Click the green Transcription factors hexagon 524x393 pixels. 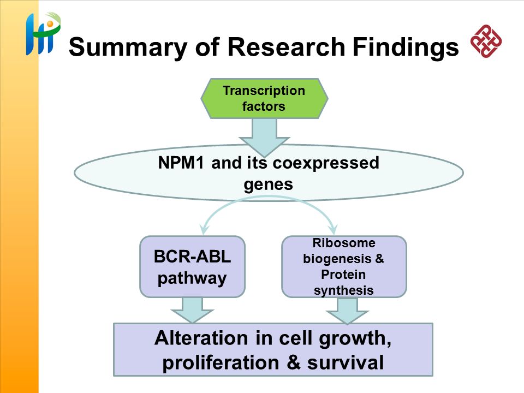tap(264, 99)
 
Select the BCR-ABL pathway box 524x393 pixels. tap(192, 267)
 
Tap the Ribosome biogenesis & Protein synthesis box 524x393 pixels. tap(344, 267)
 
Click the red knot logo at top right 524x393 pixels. tap(486, 41)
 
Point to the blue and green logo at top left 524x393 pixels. tap(43, 33)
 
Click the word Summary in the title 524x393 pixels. tap(127, 47)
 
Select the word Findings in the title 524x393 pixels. tap(406, 47)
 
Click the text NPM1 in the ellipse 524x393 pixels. tap(181, 163)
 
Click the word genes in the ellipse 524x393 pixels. tap(269, 185)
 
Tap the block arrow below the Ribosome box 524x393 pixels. tap(347, 311)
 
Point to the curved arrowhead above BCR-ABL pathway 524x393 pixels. tap(204, 230)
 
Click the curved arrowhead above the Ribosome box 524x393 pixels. tap(332, 230)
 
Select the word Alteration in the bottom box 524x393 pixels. tap(201, 338)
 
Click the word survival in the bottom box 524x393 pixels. tap(346, 363)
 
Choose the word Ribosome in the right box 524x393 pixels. tap(344, 243)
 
